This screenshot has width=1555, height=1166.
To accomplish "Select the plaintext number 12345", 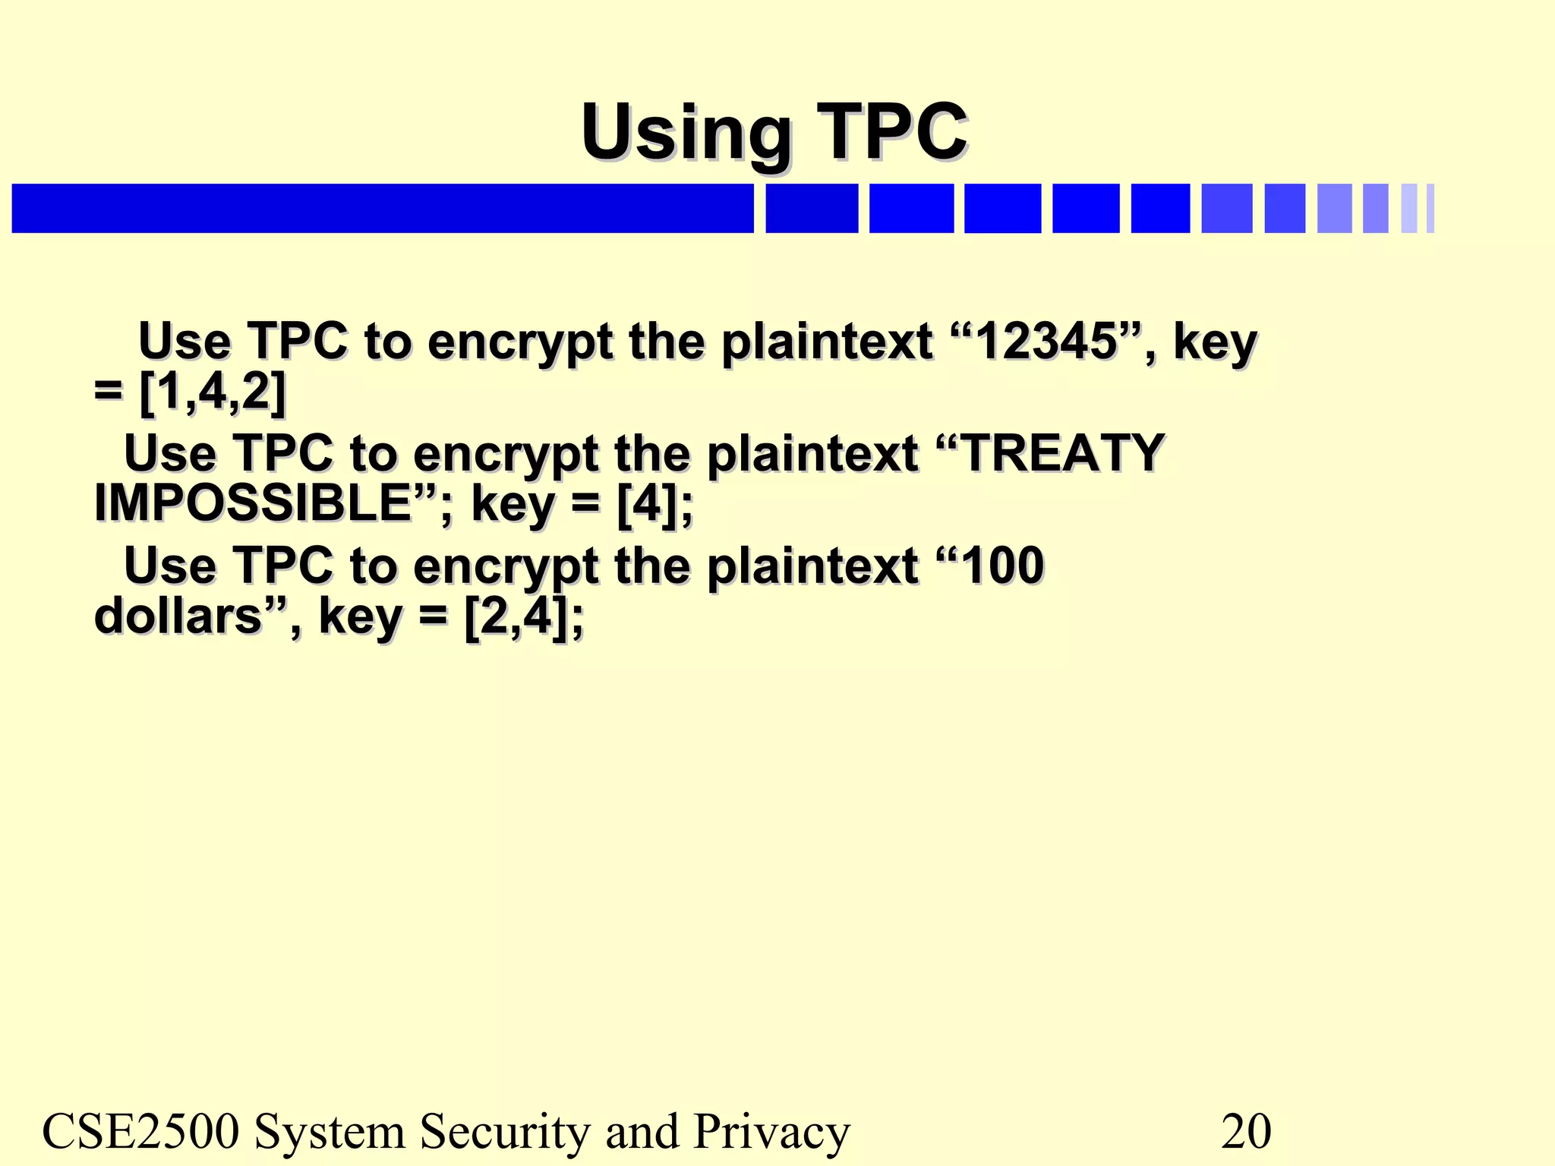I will pos(1046,342).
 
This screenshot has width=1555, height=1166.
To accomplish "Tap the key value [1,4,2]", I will pos(213,392).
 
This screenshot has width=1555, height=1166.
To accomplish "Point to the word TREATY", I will pos(1063,453).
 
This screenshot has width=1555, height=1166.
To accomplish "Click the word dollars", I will pos(178,616).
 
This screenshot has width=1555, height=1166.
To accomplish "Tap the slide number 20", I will pos(1245,1131).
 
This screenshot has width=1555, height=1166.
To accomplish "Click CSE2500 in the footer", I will pos(140,1131).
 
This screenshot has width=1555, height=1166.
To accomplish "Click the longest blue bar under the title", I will pos(383,208).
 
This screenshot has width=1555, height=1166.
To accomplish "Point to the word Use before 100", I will pos(170,566).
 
